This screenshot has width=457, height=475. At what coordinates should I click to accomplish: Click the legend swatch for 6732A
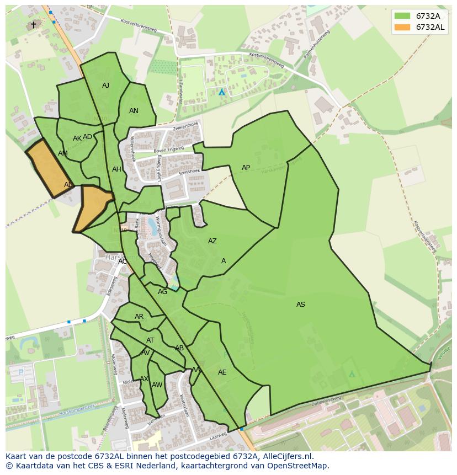coord(403,15)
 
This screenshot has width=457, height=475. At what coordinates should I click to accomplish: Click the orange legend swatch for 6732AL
coord(403,27)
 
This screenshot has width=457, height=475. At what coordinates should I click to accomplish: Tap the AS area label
coord(300,305)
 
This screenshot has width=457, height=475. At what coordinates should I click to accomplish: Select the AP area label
coord(246,168)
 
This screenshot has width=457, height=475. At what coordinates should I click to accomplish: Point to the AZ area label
coord(212,241)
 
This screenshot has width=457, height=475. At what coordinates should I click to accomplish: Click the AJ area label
coord(105,86)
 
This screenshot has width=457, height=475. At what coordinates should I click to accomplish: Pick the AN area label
coord(134,111)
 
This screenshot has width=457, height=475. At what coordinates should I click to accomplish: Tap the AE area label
coord(222,372)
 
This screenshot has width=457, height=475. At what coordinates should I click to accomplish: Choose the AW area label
coord(157,385)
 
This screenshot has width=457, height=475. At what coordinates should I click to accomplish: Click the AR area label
coord(139,317)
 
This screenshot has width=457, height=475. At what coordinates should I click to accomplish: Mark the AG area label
coord(162,292)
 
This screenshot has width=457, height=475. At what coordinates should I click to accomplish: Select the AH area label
coord(116,169)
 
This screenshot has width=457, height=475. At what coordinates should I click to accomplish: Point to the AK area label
coord(77,138)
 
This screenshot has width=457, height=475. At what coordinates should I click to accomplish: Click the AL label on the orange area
coord(68,185)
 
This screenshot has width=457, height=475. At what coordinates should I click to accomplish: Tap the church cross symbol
coord(33,25)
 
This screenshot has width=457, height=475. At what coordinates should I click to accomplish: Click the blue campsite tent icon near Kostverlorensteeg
coord(222,92)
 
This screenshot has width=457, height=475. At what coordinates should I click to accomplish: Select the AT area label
coord(150,340)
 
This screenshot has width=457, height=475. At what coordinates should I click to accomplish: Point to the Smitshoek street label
coord(189,173)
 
